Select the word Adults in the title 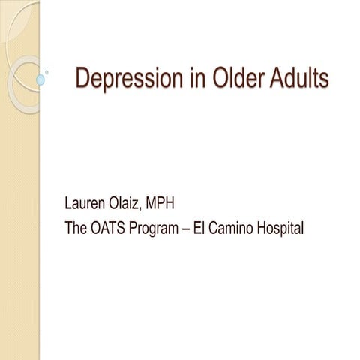[299, 78]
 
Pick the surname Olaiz [140, 203]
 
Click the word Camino [241, 227]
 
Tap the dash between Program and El [200, 228]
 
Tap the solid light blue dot [40, 79]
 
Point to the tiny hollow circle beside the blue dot [48, 72]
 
